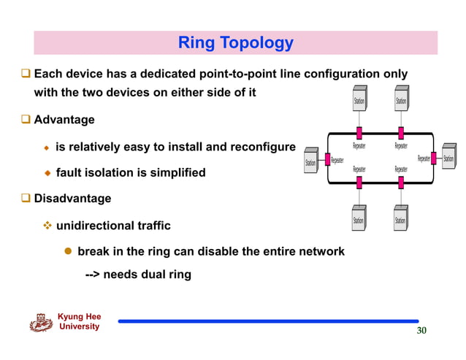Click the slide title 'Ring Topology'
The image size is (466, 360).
point(235,43)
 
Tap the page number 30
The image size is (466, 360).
point(421,331)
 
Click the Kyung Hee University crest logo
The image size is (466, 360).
point(41,322)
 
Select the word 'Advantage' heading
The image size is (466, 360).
point(64,119)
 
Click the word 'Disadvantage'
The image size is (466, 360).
point(72,198)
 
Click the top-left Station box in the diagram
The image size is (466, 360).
point(359,101)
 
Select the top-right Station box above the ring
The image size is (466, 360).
point(400,101)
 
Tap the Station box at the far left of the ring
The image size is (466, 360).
point(310,162)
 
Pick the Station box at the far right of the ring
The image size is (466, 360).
point(448,158)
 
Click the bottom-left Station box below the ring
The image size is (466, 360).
point(359,220)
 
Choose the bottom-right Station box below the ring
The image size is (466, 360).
point(400,220)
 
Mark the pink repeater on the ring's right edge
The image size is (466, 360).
point(435,158)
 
